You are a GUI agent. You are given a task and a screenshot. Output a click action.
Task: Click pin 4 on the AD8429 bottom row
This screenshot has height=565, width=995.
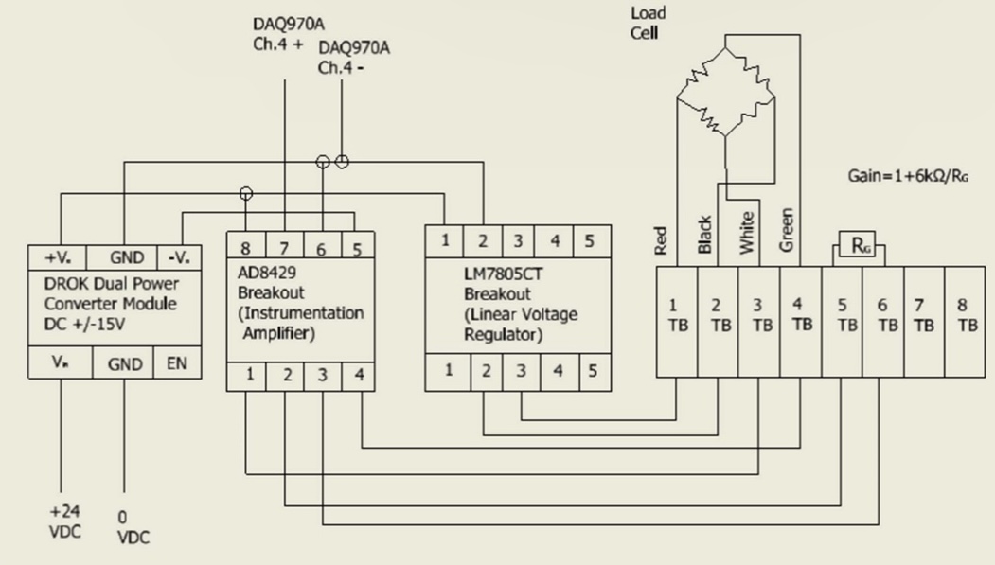pyautogui.click(x=358, y=375)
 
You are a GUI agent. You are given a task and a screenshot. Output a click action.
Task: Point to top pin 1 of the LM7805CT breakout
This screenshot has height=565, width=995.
pyautogui.click(x=445, y=240)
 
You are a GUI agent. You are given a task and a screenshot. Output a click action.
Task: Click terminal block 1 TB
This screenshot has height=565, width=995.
pyautogui.click(x=676, y=314)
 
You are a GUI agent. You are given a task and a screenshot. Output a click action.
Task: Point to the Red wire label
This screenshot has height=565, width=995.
pyautogui.click(x=662, y=240)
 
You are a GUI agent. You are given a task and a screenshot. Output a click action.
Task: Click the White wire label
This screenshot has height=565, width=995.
pyautogui.click(x=747, y=233)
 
